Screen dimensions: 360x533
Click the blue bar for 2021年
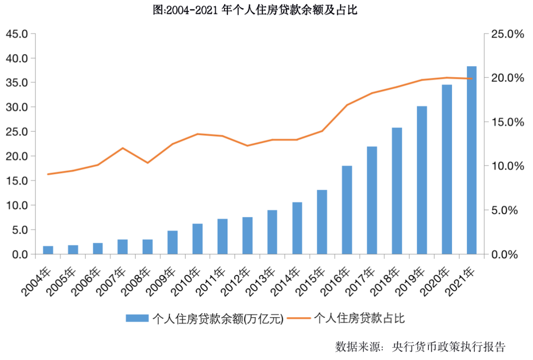tap(472, 160)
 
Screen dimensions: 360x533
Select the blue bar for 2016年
tap(347, 210)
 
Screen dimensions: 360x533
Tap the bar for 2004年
tap(48, 250)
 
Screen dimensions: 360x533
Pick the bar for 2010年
tap(197, 239)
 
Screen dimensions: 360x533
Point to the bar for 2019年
tap(422, 180)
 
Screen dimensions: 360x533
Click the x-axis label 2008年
tap(135, 281)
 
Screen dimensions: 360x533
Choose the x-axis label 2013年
tap(260, 281)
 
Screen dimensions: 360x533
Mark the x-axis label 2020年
tap(434, 281)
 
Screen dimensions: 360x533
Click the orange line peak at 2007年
tap(122, 148)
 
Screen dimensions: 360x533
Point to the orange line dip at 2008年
tap(148, 163)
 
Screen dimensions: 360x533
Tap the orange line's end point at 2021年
tap(472, 79)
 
